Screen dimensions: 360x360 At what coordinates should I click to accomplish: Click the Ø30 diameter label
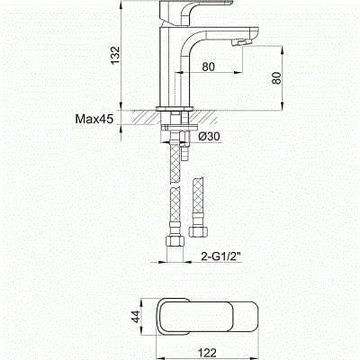209,135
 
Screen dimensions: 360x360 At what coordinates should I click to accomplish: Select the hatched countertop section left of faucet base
145,115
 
